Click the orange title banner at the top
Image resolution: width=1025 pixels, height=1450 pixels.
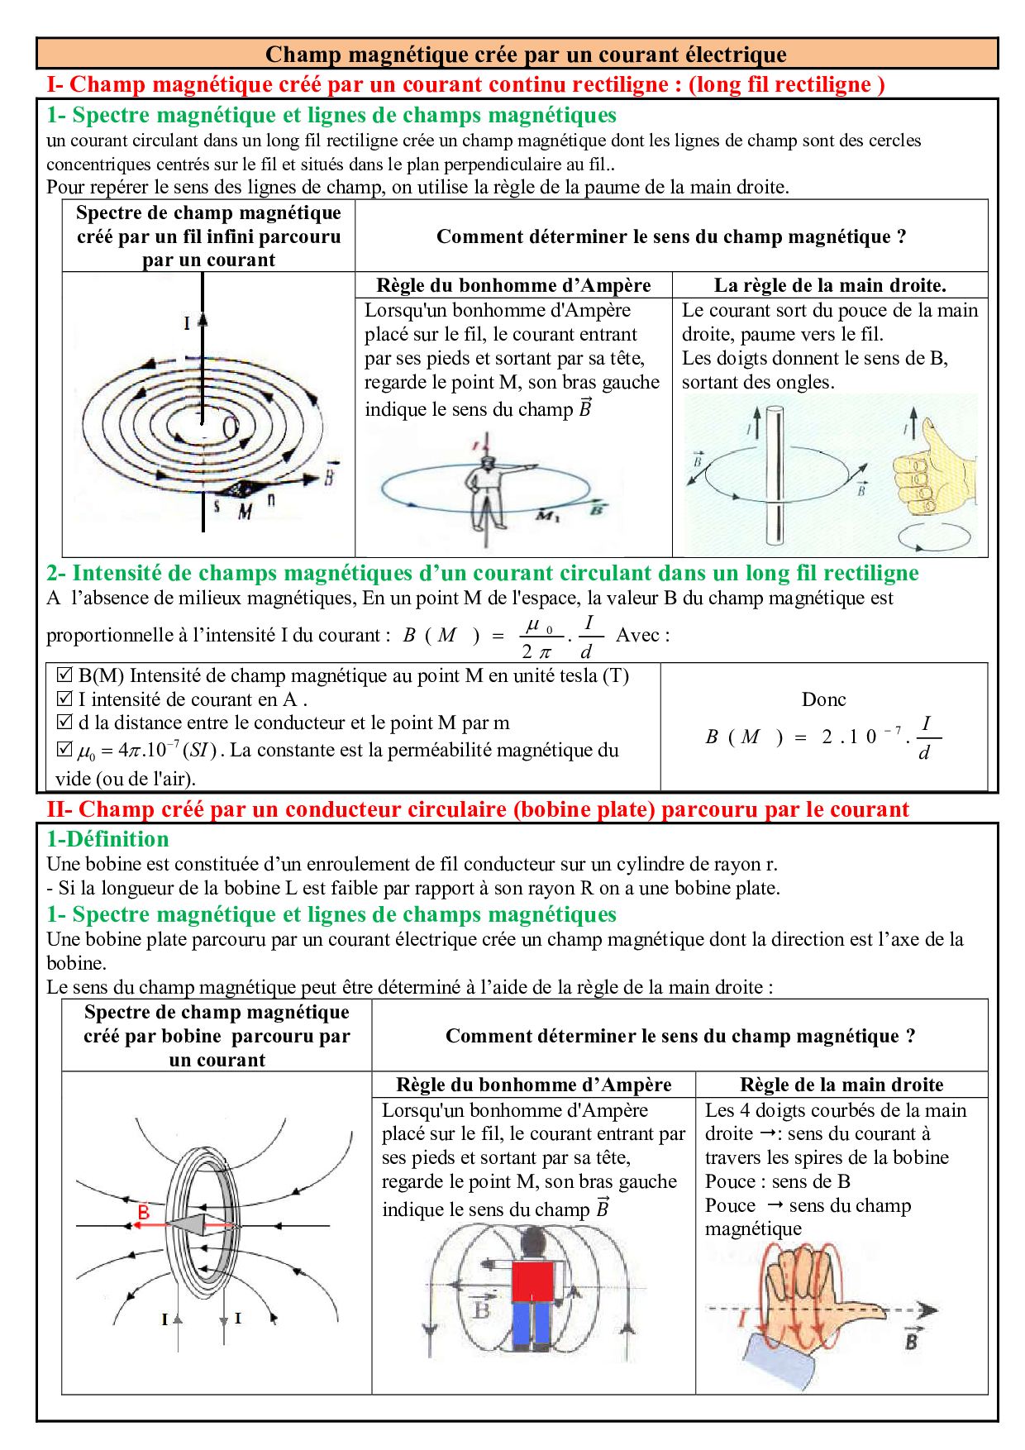[x=517, y=54]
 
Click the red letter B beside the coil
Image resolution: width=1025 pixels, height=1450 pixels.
[x=144, y=1213]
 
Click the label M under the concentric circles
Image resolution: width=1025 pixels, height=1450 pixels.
[x=245, y=513]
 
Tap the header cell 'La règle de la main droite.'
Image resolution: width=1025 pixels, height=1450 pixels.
[x=830, y=285]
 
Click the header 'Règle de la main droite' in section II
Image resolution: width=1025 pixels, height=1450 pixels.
[x=841, y=1085]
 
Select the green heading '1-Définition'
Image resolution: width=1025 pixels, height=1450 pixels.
[x=107, y=839]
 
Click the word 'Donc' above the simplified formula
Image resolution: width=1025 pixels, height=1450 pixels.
[x=823, y=699]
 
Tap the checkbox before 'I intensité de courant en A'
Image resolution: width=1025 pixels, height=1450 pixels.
[x=64, y=699]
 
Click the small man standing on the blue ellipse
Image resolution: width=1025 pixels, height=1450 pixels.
[x=484, y=488]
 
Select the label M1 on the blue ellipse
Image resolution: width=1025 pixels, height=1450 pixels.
[x=548, y=517]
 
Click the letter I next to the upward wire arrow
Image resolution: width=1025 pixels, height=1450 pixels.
[x=187, y=323]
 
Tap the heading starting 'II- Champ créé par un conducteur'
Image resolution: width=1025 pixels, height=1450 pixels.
[x=478, y=809]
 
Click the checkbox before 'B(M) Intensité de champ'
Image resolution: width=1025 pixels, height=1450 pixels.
[x=64, y=675]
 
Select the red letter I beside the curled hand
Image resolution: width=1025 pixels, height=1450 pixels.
[x=741, y=1319]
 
